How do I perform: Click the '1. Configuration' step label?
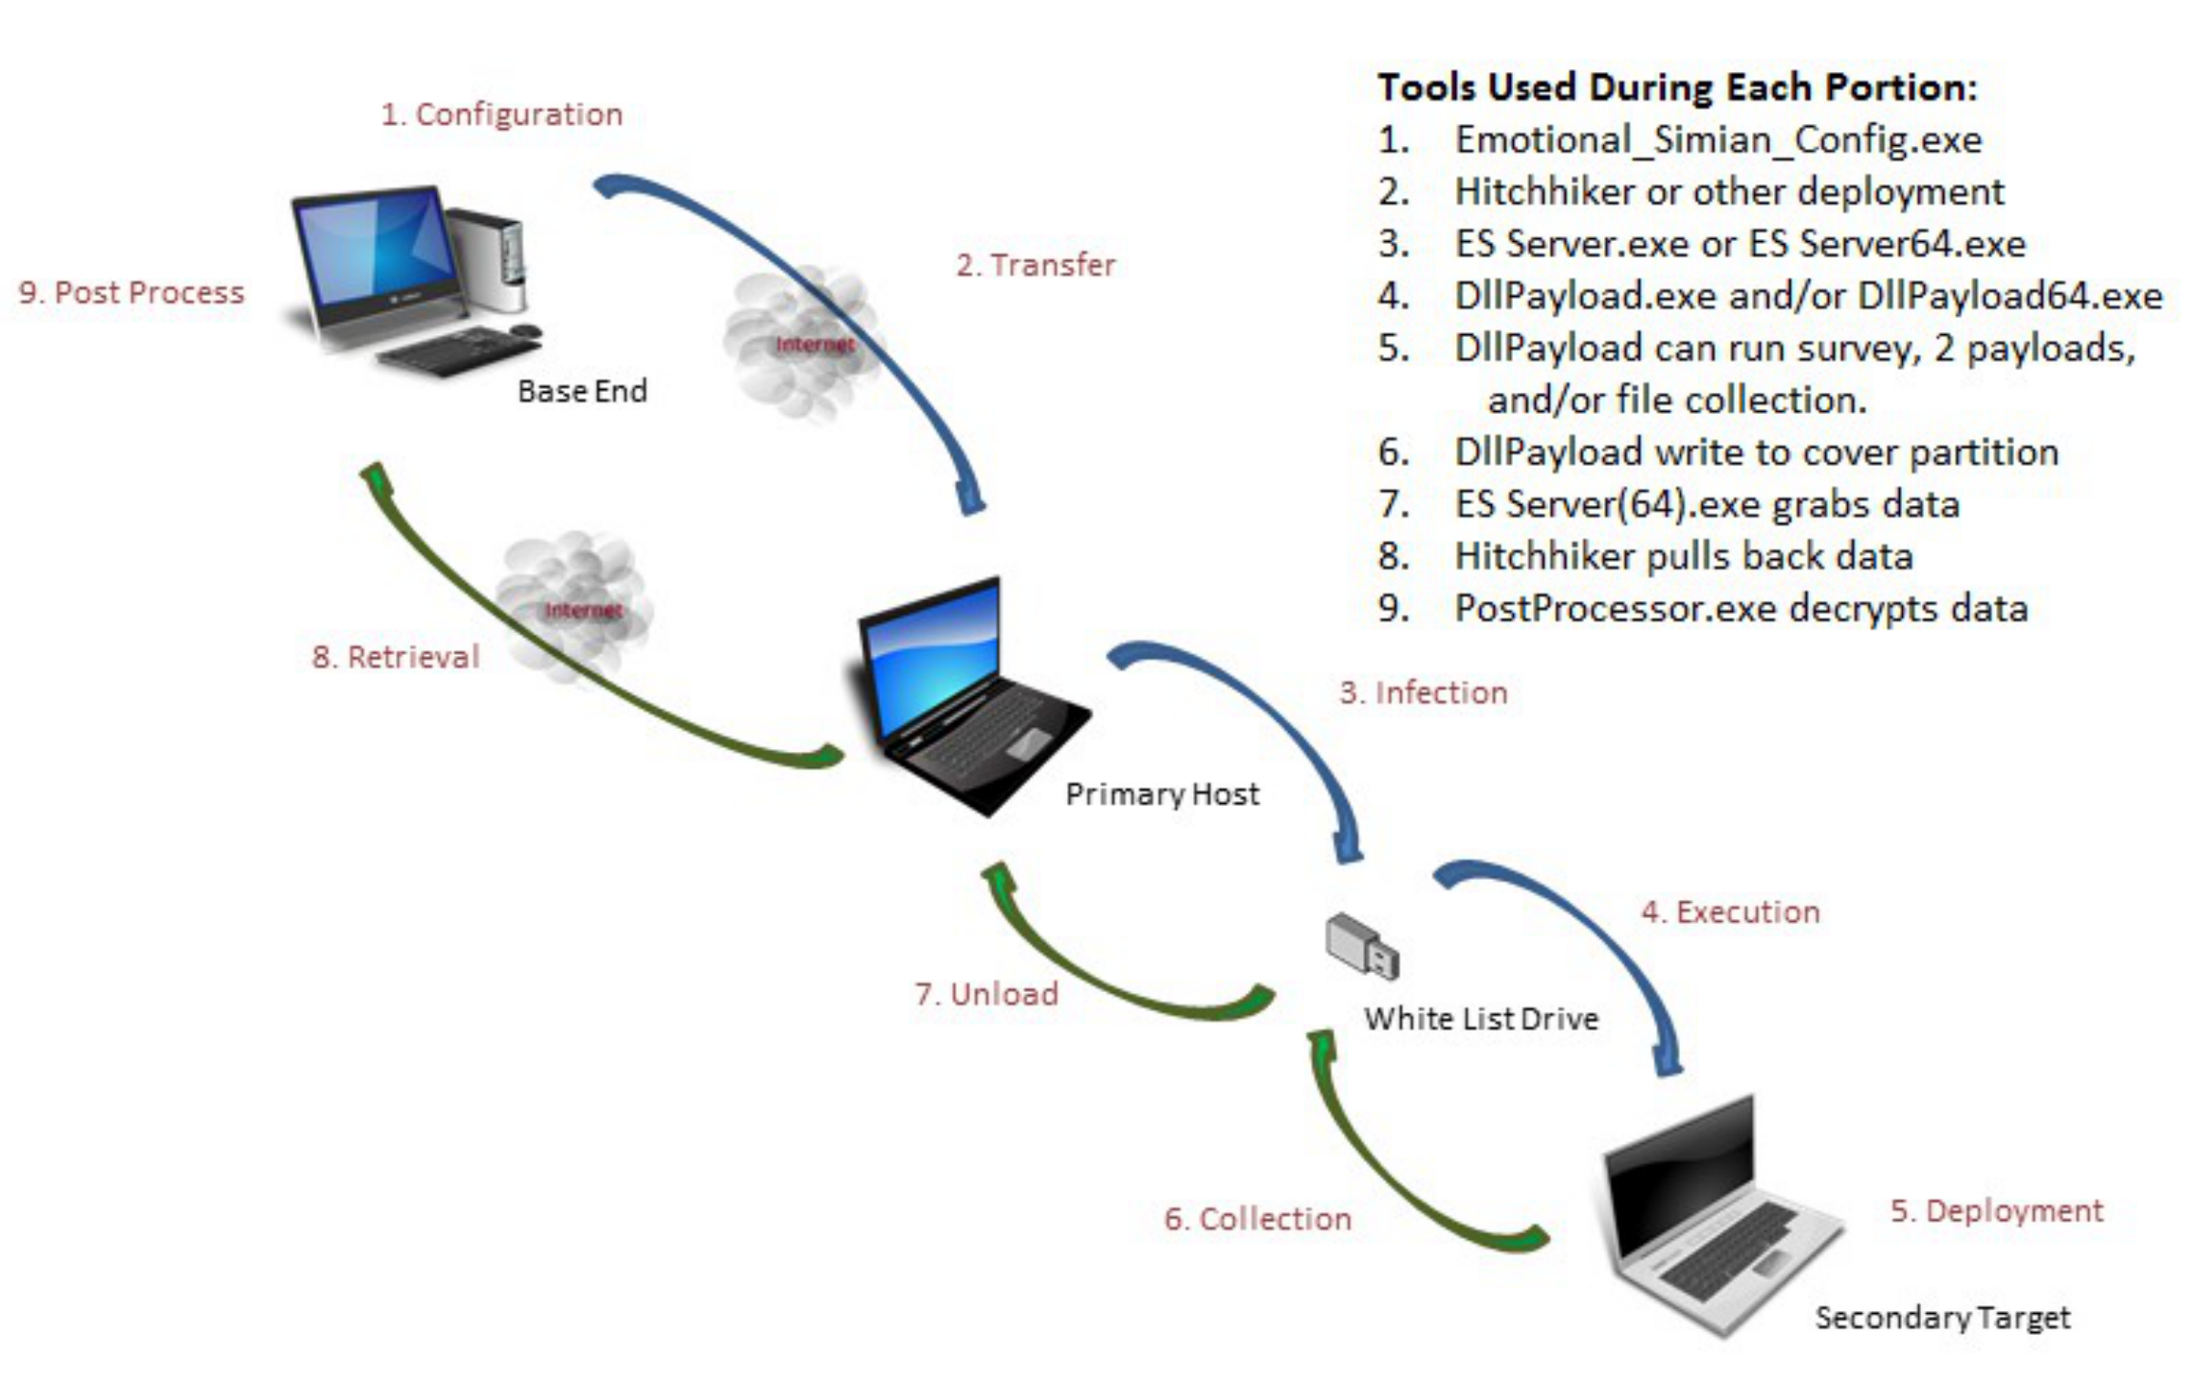[501, 114]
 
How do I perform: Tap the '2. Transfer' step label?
[1035, 265]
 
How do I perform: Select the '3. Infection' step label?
[1424, 692]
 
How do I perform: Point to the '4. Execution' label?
[1730, 911]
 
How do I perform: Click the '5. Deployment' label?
[1996, 1210]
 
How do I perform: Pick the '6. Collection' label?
[1257, 1219]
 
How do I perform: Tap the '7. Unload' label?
[986, 993]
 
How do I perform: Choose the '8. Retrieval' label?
[396, 657]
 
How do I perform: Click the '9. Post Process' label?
[132, 292]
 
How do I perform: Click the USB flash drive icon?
[1362, 947]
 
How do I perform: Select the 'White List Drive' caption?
[1481, 1018]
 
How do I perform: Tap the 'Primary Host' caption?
[1162, 794]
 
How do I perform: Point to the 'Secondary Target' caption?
[1942, 1318]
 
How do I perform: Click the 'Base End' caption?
[582, 391]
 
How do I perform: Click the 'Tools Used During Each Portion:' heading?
[1677, 87]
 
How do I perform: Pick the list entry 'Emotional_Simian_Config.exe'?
[1717, 140]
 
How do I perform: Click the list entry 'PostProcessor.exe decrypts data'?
[1741, 609]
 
